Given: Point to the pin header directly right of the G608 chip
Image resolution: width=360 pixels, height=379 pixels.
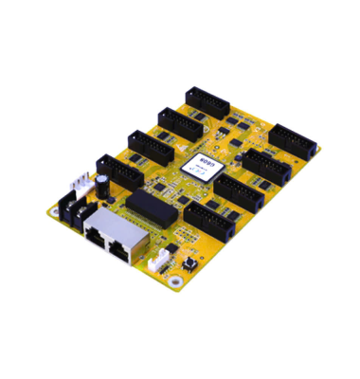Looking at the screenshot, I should pyautogui.click(x=260, y=167).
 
